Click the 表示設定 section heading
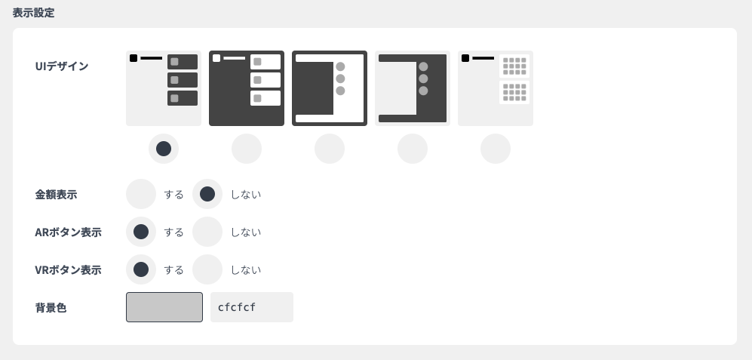pos(33,13)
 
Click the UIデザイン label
pos(62,66)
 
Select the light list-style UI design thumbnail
pos(164,88)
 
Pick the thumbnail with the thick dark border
pos(330,88)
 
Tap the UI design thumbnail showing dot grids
pos(496,88)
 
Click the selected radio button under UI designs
pos(164,149)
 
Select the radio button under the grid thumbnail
pos(496,149)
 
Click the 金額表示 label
pos(56,195)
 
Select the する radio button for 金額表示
pos(141,194)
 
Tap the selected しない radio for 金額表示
pos(207,194)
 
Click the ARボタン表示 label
pos(68,232)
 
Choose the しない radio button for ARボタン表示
pos(207,232)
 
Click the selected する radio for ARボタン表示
pos(141,232)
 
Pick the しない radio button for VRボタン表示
pos(207,269)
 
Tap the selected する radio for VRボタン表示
pos(141,269)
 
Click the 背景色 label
pos(51,308)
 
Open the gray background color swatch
pos(164,307)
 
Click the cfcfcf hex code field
pos(251,307)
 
